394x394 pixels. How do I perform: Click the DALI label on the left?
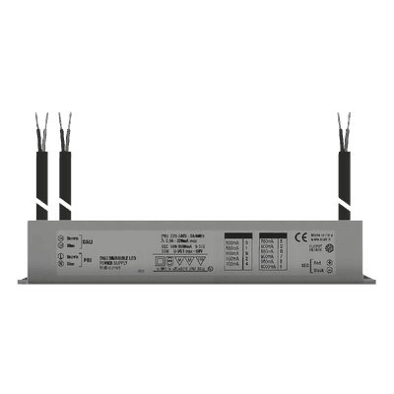point(87,239)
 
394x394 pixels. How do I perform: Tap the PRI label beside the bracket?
point(87,261)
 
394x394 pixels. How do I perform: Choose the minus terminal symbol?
point(62,261)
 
